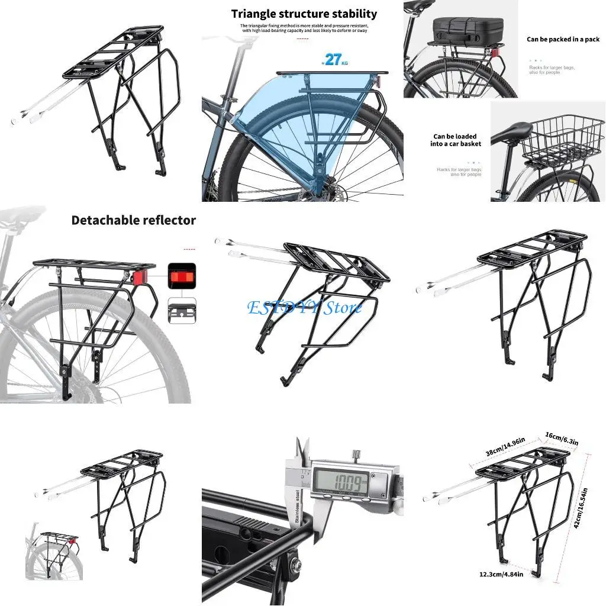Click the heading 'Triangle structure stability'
coord(304,14)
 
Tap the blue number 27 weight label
coord(333,59)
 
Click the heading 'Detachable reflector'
coord(133,220)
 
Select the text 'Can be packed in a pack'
coord(563,40)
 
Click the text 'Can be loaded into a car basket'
coord(456,140)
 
